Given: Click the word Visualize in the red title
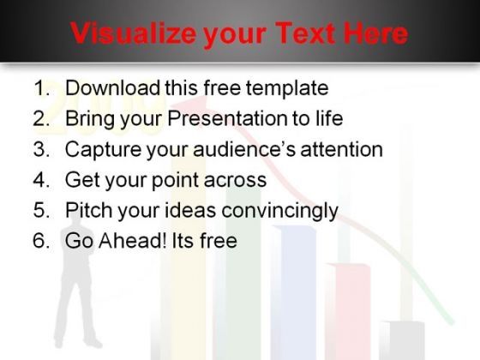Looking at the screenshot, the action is point(133,33).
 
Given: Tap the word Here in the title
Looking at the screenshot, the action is point(376,33).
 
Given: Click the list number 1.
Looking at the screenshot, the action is point(42,87).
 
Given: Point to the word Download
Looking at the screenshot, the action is point(112,87).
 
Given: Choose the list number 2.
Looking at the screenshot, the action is point(41,118).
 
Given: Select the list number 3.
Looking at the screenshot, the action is point(41,149).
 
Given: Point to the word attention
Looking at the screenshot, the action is point(342,149).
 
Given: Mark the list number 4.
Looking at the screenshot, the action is point(41,179).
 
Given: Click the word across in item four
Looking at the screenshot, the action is point(235,180).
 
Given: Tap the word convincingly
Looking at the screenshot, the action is point(279,211).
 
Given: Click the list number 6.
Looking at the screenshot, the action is point(41,240).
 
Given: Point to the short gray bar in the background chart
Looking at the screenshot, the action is point(402,340).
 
